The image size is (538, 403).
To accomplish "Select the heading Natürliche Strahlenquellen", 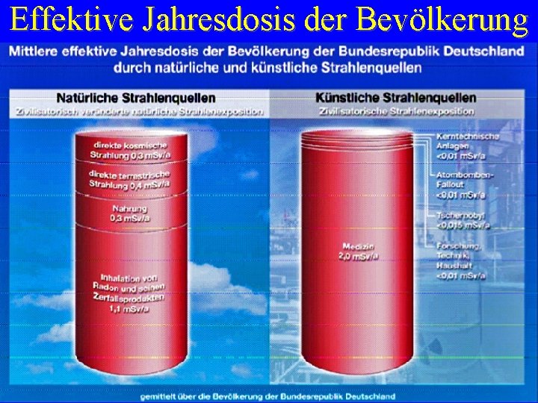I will [x=136, y=98].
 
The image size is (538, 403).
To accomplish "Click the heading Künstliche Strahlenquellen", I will [x=396, y=98].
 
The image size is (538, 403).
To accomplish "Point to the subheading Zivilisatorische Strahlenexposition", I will [x=397, y=111].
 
